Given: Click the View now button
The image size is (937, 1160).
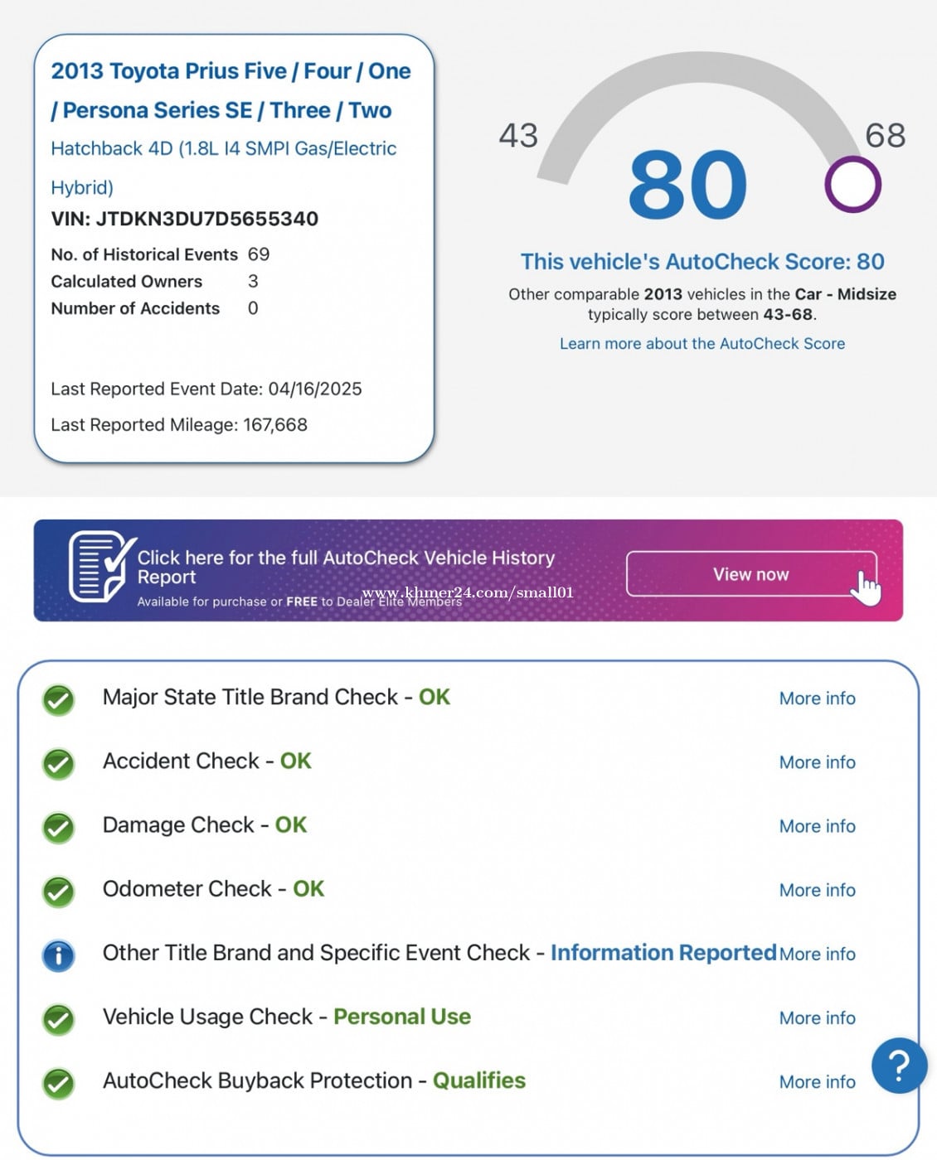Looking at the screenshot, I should pyautogui.click(x=750, y=574).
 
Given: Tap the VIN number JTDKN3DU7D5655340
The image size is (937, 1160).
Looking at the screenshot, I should pyautogui.click(x=206, y=219).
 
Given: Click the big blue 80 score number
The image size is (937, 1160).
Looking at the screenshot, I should pyautogui.click(x=687, y=185).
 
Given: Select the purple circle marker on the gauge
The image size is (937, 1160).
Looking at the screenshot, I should pyautogui.click(x=852, y=185).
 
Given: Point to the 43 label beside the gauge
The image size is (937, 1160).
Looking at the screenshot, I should pyautogui.click(x=518, y=135).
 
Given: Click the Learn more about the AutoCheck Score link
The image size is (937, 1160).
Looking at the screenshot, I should pyautogui.click(x=702, y=343).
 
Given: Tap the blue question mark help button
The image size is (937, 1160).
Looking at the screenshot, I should pyautogui.click(x=899, y=1065).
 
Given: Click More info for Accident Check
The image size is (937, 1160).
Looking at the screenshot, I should pyautogui.click(x=817, y=762).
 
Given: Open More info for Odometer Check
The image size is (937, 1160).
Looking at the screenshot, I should pyautogui.click(x=817, y=890).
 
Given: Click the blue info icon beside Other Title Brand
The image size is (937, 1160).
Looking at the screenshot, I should pyautogui.click(x=58, y=955).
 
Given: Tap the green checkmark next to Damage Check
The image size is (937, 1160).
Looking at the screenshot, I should pyautogui.click(x=58, y=827).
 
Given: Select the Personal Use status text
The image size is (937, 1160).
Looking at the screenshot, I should pyautogui.click(x=401, y=1017).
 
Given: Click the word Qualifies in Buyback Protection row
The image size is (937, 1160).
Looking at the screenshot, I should pyautogui.click(x=478, y=1080).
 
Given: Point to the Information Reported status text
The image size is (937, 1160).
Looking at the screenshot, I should pyautogui.click(x=663, y=953).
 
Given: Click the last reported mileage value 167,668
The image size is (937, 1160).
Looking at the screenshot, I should pyautogui.click(x=275, y=425).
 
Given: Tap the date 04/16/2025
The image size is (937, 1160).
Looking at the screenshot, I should pyautogui.click(x=315, y=389).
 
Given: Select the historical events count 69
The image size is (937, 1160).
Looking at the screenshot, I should pyautogui.click(x=259, y=254).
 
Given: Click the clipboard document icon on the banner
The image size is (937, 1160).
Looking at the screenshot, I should pyautogui.click(x=100, y=567).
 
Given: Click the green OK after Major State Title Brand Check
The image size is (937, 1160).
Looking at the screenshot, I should pyautogui.click(x=434, y=697).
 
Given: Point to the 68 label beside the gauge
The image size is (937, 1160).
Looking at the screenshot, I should pyautogui.click(x=885, y=135).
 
